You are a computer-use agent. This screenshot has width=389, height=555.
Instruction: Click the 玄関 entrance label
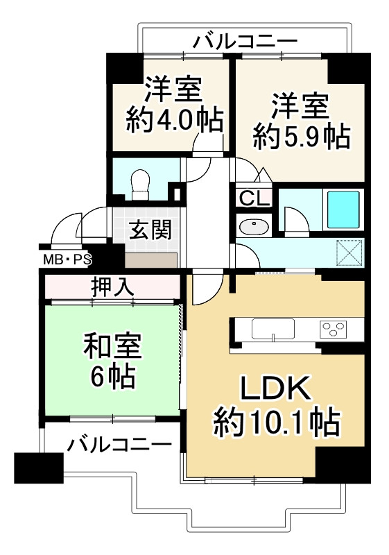point(149,230)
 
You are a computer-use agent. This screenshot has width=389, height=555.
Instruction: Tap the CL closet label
point(254,198)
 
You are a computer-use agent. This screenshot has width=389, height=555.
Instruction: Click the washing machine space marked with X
point(349,251)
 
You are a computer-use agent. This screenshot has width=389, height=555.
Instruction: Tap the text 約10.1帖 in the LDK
point(275,419)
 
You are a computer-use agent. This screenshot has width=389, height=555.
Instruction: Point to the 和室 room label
point(113,345)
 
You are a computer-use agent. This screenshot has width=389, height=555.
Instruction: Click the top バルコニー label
point(244,41)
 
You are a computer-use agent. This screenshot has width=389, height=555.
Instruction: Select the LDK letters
point(275,387)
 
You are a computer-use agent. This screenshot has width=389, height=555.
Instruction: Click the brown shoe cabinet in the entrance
point(150,260)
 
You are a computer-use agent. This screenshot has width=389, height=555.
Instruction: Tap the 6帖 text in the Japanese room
point(112,377)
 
